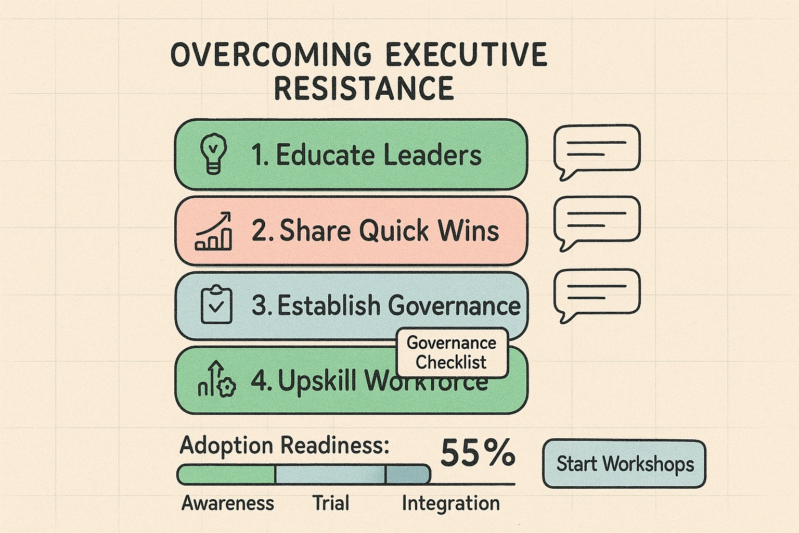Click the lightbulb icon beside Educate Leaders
[x=213, y=154]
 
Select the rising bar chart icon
[x=213, y=232]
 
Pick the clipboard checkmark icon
[x=216, y=305]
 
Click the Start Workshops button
[x=624, y=464]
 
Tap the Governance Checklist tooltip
[x=452, y=352]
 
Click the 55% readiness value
[x=478, y=453]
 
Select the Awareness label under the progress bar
[x=227, y=503]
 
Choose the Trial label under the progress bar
[x=330, y=503]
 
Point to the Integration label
[x=450, y=503]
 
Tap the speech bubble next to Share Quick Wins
[x=597, y=220]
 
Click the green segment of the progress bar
[x=226, y=474]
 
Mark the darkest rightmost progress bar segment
[x=408, y=474]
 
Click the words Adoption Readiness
[x=284, y=446]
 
